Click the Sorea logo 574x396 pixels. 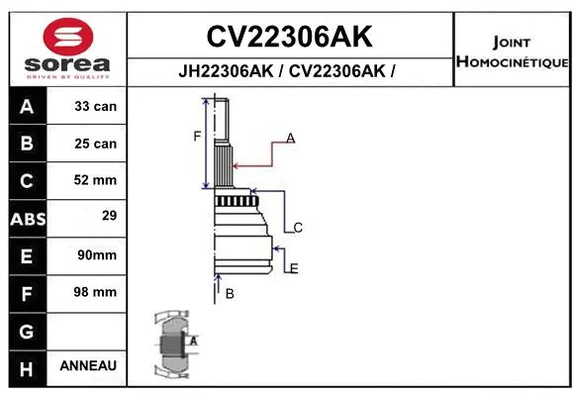[66, 47]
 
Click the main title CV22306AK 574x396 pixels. [289, 37]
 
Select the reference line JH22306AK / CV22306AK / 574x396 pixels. [288, 72]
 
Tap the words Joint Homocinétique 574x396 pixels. [512, 52]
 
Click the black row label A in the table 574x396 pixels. [27, 106]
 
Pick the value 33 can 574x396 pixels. [96, 106]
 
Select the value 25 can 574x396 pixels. [96, 144]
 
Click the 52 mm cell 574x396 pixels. [96, 180]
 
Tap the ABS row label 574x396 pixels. [27, 218]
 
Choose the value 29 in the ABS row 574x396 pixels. [96, 215]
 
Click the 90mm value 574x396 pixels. [96, 254]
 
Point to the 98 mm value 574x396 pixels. [96, 292]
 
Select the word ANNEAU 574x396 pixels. [88, 365]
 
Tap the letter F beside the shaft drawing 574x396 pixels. [197, 136]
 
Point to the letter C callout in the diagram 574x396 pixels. [297, 228]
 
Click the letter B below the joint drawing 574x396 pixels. [229, 293]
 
